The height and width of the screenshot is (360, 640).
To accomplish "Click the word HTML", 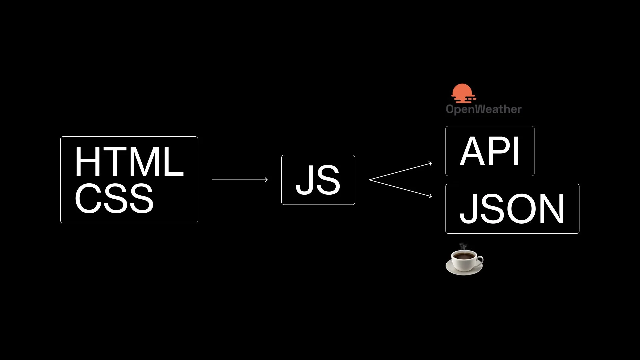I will click(x=129, y=162).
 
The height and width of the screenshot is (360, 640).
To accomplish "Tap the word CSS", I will click(x=114, y=199).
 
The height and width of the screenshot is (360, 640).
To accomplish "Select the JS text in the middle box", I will click(x=318, y=180).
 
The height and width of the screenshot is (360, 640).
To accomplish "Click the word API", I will click(x=489, y=151).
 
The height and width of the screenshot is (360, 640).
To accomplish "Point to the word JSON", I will click(x=512, y=209).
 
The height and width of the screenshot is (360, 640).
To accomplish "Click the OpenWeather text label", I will click(x=484, y=109).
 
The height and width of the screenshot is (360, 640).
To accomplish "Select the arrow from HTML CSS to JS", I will click(x=240, y=180).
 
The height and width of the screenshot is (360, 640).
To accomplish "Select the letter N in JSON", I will click(x=552, y=209).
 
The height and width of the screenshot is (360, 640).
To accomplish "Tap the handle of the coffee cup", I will click(x=480, y=260).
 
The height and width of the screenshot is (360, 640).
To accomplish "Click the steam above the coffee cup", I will click(x=463, y=247).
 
